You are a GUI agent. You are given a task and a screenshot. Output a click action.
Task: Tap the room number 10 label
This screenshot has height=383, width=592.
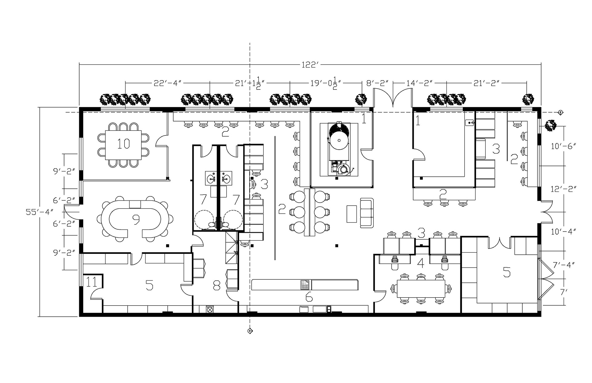pyautogui.click(x=123, y=144)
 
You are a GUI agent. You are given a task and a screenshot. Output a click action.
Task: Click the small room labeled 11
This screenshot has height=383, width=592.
pyautogui.click(x=92, y=282)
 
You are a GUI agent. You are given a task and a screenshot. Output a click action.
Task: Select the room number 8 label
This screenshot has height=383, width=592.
pyautogui.click(x=216, y=285)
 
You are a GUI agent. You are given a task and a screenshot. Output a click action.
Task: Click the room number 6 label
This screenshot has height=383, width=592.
pyautogui.click(x=309, y=297)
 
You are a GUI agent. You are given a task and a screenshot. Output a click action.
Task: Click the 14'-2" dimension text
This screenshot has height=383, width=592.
pyautogui.click(x=420, y=84)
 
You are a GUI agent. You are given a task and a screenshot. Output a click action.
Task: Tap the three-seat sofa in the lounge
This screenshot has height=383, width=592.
pyautogui.click(x=367, y=213)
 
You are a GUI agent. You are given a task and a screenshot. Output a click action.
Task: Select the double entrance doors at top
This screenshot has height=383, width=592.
pyautogui.click(x=393, y=98)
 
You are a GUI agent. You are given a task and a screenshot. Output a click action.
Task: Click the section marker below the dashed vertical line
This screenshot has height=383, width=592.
pyautogui.click(x=249, y=332)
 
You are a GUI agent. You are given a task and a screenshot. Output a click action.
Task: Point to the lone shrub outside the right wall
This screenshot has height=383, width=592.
pyautogui.click(x=550, y=126)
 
